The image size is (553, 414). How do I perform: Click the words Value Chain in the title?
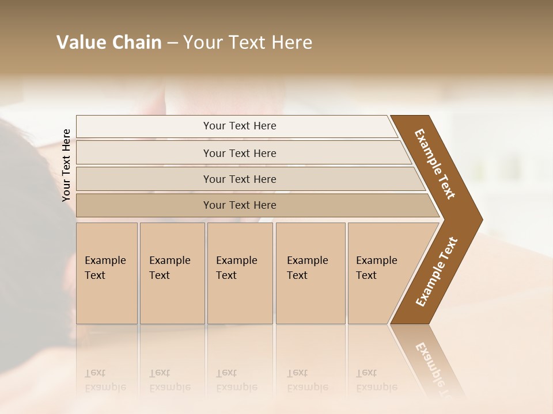click(109, 43)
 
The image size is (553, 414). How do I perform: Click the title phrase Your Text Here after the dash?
click(248, 43)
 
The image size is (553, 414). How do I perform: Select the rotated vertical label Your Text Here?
click(66, 166)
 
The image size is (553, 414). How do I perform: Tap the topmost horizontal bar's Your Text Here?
click(240, 126)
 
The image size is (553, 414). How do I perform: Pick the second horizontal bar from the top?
click(240, 153)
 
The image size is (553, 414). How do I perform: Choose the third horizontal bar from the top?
click(240, 179)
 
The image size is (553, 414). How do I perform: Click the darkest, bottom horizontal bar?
click(240, 205)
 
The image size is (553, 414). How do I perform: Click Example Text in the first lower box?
click(105, 268)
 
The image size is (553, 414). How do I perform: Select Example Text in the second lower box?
click(169, 268)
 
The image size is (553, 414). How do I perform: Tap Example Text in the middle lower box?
click(236, 268)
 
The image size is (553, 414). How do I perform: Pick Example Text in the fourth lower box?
click(307, 268)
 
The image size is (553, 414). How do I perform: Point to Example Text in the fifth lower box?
click(376, 268)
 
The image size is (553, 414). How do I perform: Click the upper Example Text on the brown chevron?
click(435, 164)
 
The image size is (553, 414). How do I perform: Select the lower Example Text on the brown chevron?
click(436, 272)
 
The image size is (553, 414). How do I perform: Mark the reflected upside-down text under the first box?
click(105, 380)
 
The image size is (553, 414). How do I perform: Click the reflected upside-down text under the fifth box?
click(376, 380)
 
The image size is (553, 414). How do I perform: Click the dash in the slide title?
click(172, 43)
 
